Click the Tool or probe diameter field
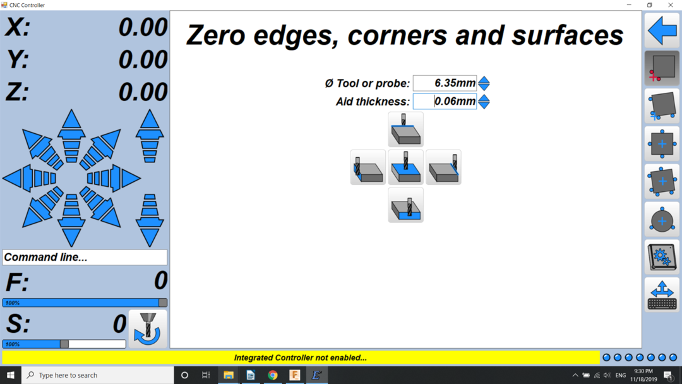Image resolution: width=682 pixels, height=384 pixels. pos(445,83)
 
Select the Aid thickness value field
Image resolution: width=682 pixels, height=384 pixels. pos(445,101)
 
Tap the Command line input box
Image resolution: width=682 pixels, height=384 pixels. pos(85,257)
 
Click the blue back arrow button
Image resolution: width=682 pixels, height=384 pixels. pos(662,30)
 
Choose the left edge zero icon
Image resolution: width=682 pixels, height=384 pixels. pos(368,167)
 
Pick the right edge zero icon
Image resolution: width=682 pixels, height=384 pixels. pos(444,167)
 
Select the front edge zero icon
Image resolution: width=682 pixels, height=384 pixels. pos(406,205)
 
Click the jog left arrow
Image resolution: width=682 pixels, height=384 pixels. pos(30,178)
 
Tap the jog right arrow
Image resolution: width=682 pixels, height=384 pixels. pos(114,178)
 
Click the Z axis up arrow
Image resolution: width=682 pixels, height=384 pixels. pos(150,136)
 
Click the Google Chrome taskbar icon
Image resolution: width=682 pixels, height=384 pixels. pos(273,375)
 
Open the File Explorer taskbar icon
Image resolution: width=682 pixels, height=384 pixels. pos(229,375)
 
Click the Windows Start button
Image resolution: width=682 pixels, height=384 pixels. pos(11,375)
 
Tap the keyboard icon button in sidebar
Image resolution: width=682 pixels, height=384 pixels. pos(662,296)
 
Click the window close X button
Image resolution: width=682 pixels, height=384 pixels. pos(670,5)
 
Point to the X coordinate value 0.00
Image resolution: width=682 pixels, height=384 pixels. pos(143,27)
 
